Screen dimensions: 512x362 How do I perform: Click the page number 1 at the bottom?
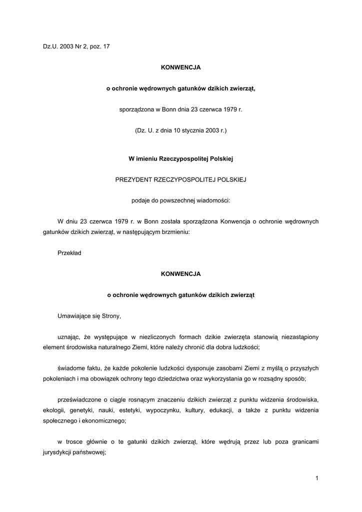(x=317, y=478)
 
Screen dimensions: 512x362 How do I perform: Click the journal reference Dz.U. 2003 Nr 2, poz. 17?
(x=76, y=46)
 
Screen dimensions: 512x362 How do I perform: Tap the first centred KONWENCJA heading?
(x=180, y=67)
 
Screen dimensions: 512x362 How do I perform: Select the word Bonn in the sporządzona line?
(x=166, y=109)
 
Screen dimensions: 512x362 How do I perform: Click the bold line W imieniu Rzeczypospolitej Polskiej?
(x=180, y=158)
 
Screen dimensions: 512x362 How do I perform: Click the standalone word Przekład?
(x=69, y=252)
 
